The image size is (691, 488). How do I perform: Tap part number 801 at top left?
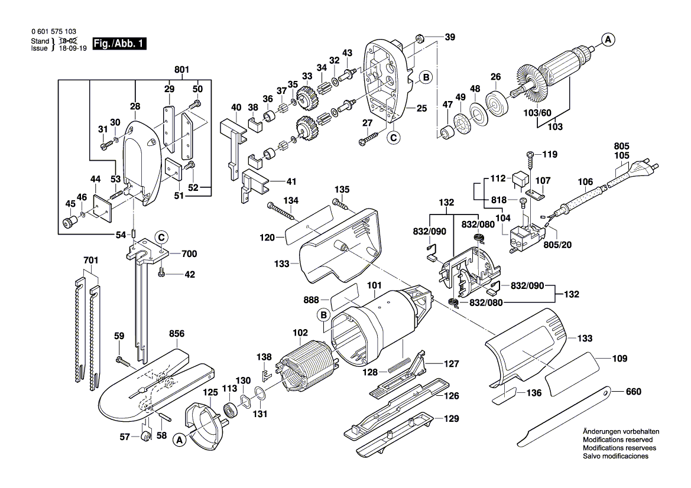point(181,70)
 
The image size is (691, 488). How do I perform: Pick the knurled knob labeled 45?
point(70,223)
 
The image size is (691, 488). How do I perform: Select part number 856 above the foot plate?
point(177,334)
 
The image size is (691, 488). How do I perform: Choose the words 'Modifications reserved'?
point(618,440)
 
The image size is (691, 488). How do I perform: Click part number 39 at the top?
point(450,37)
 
